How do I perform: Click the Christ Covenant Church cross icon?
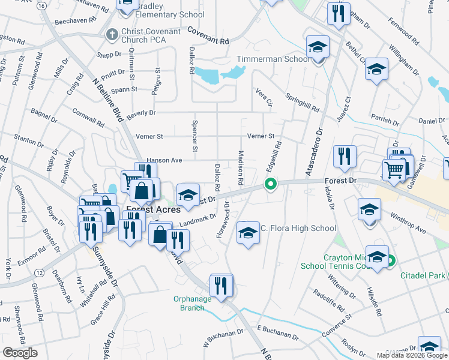[x=110, y=35]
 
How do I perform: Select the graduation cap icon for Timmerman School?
[x=318, y=47]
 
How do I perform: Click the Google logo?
[x=20, y=353]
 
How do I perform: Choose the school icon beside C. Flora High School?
[x=247, y=233]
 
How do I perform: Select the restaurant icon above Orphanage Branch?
[x=221, y=286]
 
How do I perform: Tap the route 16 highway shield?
[x=41, y=5]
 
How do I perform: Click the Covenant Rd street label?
[x=208, y=36]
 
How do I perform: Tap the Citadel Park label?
[x=424, y=275]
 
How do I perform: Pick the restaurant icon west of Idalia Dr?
[x=345, y=157]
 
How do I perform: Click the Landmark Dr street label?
[x=197, y=221]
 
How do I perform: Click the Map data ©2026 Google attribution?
[x=412, y=355]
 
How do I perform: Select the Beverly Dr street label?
[x=141, y=112]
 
